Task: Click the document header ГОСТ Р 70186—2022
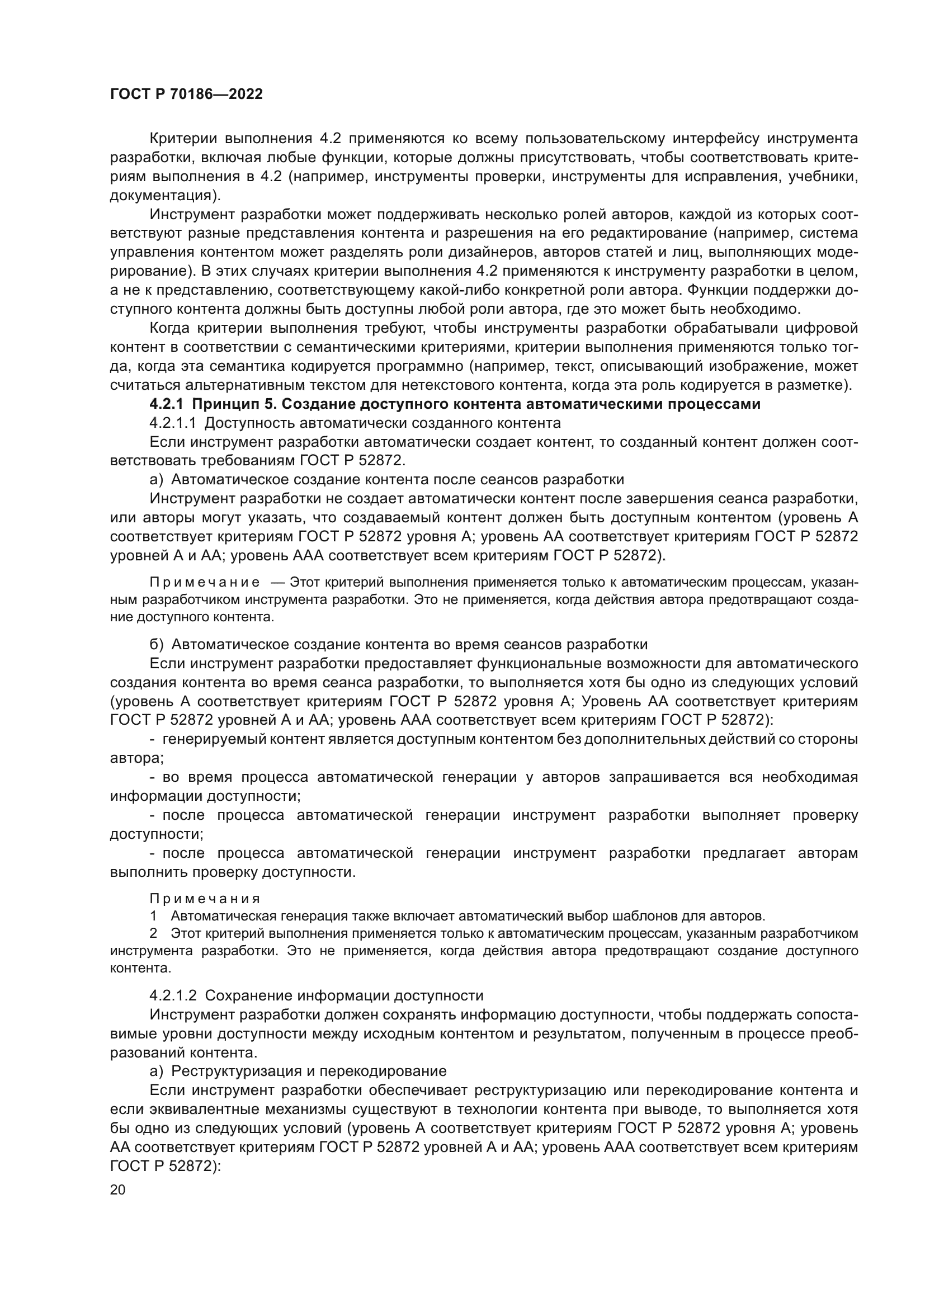[x=186, y=95]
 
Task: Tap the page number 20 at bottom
[x=117, y=1189]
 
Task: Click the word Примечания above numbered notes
[x=205, y=899]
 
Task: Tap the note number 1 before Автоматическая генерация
[x=153, y=916]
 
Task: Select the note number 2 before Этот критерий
[x=153, y=933]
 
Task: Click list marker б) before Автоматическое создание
[x=157, y=644]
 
